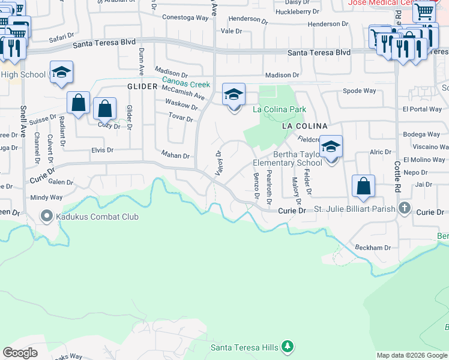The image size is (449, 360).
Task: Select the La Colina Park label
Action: (x=279, y=109)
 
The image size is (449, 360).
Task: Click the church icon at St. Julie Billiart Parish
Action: (x=405, y=209)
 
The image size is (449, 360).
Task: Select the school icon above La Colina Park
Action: (x=234, y=94)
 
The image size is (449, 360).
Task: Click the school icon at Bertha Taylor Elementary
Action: (x=330, y=146)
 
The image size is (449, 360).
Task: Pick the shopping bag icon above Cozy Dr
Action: (x=104, y=110)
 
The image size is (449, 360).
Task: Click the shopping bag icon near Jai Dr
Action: (x=363, y=186)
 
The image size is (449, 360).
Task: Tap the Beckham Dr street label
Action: (x=372, y=247)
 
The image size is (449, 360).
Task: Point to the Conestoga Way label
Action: (x=185, y=17)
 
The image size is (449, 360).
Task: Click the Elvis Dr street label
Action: (x=102, y=150)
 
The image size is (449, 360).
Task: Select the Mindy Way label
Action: (x=47, y=197)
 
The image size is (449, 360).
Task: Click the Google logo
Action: (x=20, y=352)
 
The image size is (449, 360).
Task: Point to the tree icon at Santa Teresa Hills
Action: (x=288, y=347)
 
